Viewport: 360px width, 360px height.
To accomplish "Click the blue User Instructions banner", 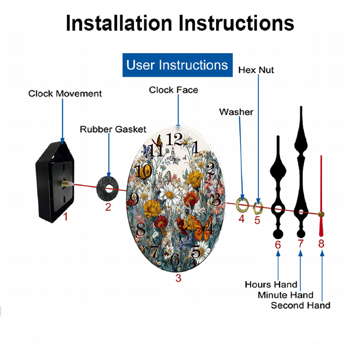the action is coord(177,65).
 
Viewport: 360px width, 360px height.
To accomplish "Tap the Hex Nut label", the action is coord(256,70).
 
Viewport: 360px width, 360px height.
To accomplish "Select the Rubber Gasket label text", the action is coord(113,129).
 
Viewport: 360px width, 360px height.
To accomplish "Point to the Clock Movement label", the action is coord(65,94).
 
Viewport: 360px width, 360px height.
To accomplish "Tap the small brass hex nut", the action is coord(258,208).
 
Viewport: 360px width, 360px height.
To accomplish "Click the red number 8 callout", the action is coord(321,244).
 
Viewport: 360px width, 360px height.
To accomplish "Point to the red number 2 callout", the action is coord(108,207).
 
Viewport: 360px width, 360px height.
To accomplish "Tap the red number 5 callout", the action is coord(257,220).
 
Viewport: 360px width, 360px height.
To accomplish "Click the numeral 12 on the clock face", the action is coord(174,139).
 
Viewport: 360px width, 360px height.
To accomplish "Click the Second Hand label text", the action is coord(301,306).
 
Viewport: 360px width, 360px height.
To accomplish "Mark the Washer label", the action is coord(236,112).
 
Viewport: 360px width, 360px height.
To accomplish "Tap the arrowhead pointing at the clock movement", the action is coord(62,141).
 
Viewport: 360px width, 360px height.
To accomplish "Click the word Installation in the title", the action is coord(119,23).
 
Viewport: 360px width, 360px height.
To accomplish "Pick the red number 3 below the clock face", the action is coord(179,278).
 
